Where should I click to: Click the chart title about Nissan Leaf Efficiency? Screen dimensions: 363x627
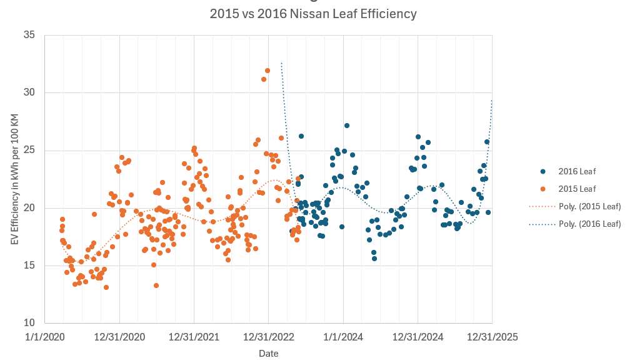pyautogui.click(x=313, y=14)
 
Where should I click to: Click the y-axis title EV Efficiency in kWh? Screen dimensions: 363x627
pyautogui.click(x=14, y=179)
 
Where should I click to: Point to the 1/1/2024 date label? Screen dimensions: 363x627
pyautogui.click(x=343, y=337)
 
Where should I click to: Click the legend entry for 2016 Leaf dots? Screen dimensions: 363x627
pyautogui.click(x=576, y=171)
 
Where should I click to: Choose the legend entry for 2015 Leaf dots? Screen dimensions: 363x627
pyautogui.click(x=576, y=189)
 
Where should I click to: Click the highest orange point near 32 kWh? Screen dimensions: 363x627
pyautogui.click(x=268, y=71)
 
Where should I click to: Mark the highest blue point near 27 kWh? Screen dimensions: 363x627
pyautogui.click(x=347, y=126)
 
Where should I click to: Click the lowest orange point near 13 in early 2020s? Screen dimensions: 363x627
pyautogui.click(x=106, y=287)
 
